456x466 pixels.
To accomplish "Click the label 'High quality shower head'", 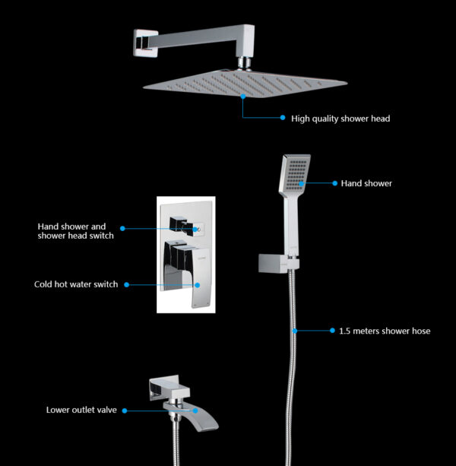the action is pyautogui.click(x=340, y=119).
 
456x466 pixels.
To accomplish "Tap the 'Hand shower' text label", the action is pyautogui.click(x=366, y=183).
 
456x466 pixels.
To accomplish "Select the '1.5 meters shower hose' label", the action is pyautogui.click(x=385, y=331).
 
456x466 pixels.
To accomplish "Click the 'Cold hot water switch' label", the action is pyautogui.click(x=76, y=284).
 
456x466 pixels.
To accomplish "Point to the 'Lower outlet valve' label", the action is pyautogui.click(x=81, y=411).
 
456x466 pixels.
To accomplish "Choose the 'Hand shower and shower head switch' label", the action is pyautogui.click(x=76, y=231).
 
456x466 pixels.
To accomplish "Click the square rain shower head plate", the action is pyautogui.click(x=245, y=83).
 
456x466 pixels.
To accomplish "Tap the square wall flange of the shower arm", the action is pyautogui.click(x=145, y=43).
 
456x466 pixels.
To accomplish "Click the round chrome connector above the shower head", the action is pyautogui.click(x=245, y=64).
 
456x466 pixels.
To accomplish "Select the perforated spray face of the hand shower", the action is pyautogui.click(x=296, y=174).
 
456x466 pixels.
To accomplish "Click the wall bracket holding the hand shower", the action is pyautogui.click(x=278, y=263).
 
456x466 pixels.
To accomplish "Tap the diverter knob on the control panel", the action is pyautogui.click(x=183, y=226).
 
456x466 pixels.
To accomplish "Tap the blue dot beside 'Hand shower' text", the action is pyautogui.click(x=335, y=183).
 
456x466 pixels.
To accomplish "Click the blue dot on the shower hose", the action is pyautogui.click(x=295, y=331).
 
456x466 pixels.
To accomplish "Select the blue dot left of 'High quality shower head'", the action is pyautogui.click(x=283, y=117).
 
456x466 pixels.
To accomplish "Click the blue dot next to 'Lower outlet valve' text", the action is pyautogui.click(x=125, y=411).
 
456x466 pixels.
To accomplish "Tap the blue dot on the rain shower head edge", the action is pyautogui.click(x=243, y=97).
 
